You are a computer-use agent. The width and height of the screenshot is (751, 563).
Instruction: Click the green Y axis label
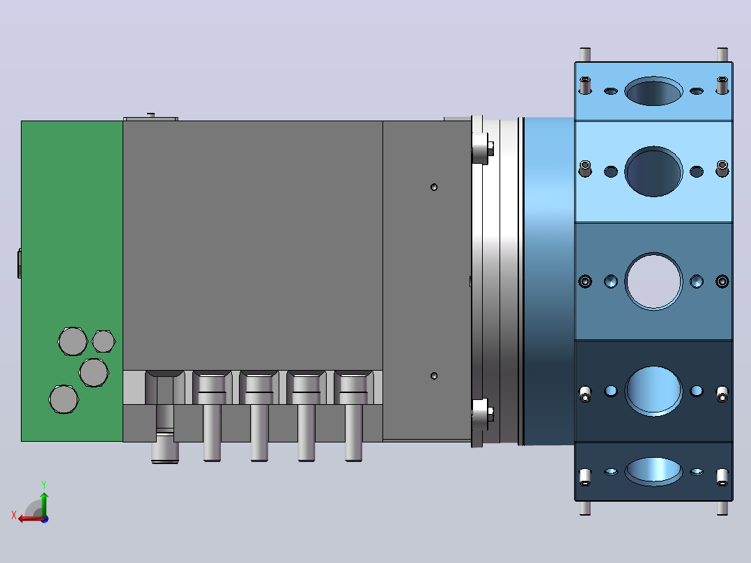pos(44,484)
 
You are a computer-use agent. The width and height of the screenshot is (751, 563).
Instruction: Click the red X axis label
pos(14,515)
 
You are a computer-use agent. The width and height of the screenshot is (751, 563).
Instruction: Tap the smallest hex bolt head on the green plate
pos(103,341)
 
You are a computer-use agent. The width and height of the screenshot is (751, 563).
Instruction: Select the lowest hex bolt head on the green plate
pos(63,399)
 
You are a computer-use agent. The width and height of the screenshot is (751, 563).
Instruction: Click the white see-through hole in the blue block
pos(653,281)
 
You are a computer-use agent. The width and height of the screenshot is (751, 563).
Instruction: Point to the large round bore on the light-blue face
pos(653,171)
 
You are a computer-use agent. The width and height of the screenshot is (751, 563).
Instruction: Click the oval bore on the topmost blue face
pos(653,91)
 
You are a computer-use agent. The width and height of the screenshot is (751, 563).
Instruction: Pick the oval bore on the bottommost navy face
pos(653,472)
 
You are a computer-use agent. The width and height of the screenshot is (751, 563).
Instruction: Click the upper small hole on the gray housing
pos(434,187)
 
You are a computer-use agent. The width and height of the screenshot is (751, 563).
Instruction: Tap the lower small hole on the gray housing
pos(434,376)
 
